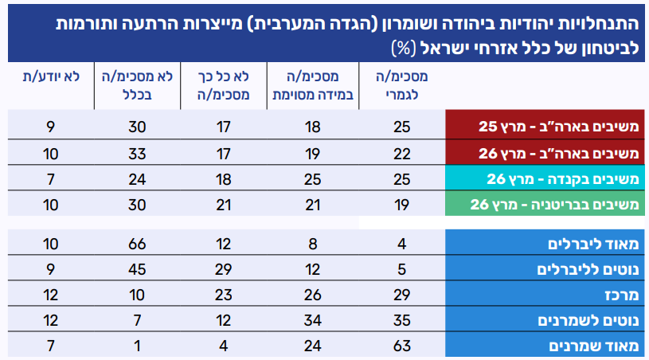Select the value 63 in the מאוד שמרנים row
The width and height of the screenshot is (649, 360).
[x=403, y=346]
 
